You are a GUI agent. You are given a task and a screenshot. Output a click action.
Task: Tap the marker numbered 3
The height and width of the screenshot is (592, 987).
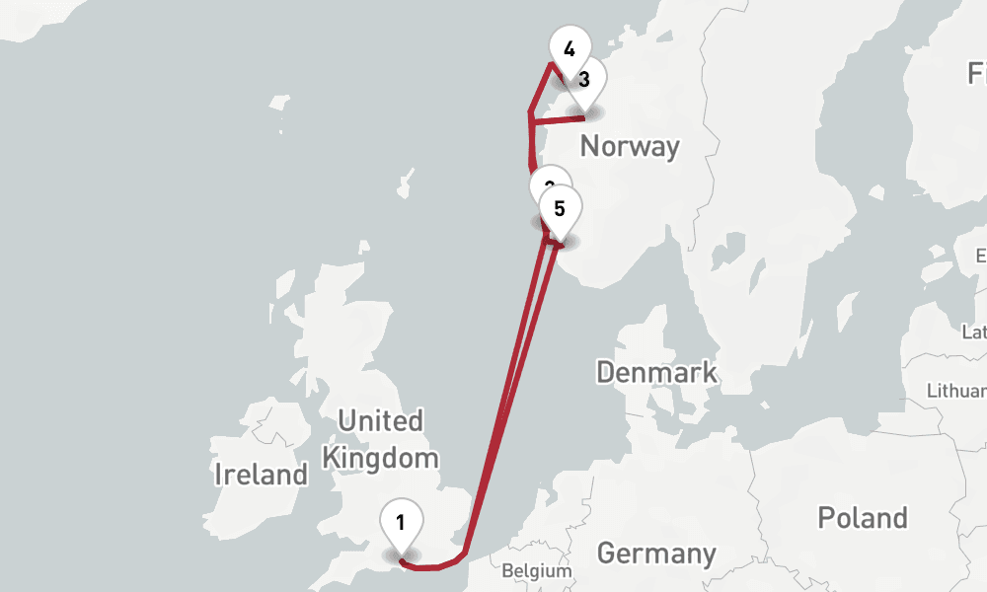click(x=584, y=80)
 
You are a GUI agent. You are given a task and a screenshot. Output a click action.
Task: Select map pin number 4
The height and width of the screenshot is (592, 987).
click(x=569, y=49)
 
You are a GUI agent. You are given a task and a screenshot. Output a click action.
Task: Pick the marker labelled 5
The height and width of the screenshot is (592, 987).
click(x=560, y=210)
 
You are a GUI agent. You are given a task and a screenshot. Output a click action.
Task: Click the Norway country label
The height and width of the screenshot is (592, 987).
click(x=630, y=146)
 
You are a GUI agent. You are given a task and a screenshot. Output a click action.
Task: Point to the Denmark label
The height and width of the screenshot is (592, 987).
click(x=656, y=372)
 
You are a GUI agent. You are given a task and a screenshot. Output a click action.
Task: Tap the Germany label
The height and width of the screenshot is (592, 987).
click(x=655, y=553)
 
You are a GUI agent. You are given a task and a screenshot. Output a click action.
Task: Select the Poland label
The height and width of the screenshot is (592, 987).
click(x=862, y=518)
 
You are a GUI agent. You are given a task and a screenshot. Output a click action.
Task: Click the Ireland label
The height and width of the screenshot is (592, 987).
click(x=262, y=475)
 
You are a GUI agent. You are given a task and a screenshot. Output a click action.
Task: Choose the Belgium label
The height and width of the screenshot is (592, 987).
click(x=536, y=571)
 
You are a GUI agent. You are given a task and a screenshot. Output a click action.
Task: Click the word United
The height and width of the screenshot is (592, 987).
click(x=380, y=421)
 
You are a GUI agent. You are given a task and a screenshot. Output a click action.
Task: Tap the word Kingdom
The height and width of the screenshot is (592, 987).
click(x=380, y=458)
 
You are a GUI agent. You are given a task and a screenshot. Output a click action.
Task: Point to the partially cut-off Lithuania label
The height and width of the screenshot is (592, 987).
click(x=956, y=391)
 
